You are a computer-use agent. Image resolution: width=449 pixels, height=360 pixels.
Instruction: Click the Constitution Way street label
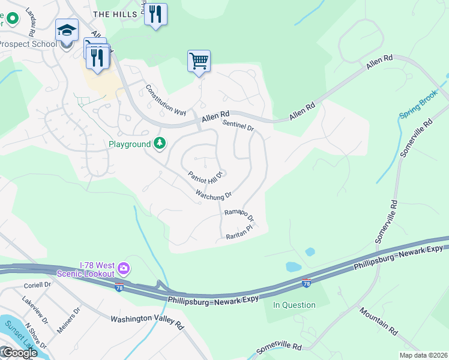click(166, 100)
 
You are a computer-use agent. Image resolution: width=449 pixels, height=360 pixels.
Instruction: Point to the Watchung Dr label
click(213, 195)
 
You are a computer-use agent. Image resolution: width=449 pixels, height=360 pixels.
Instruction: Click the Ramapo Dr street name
click(239, 214)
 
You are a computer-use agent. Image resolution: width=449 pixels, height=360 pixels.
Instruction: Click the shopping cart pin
click(199, 61)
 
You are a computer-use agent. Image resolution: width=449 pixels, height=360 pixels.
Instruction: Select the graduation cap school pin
click(67, 29)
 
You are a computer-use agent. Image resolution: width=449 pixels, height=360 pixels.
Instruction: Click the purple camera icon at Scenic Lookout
click(123, 267)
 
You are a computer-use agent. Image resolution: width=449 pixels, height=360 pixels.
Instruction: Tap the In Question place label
click(294, 305)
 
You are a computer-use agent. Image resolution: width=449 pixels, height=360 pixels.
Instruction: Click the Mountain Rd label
click(379, 321)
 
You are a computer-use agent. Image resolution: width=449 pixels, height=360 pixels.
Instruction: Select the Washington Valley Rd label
click(147, 321)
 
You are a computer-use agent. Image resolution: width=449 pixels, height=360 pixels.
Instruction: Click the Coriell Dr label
click(39, 286)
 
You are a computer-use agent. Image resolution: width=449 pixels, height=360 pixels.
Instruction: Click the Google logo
click(19, 353)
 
